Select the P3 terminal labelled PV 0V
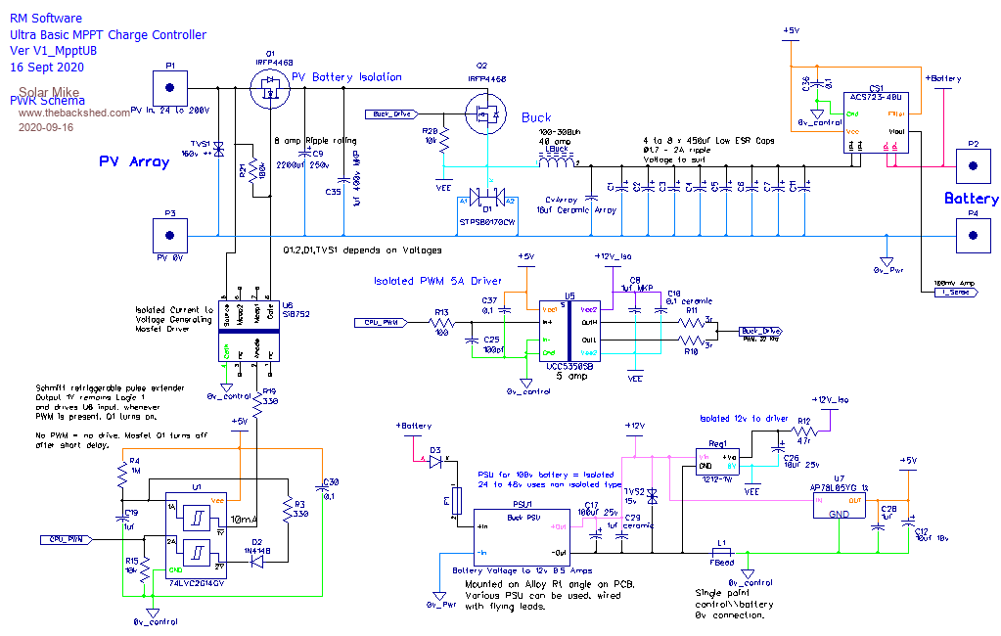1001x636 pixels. pyautogui.click(x=170, y=237)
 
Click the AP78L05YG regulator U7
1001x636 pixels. pyautogui.click(x=840, y=507)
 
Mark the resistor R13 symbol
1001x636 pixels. pyautogui.click(x=442, y=321)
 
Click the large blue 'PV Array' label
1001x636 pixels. pyautogui.click(x=134, y=161)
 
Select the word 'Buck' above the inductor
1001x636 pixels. pyautogui.click(x=536, y=117)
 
